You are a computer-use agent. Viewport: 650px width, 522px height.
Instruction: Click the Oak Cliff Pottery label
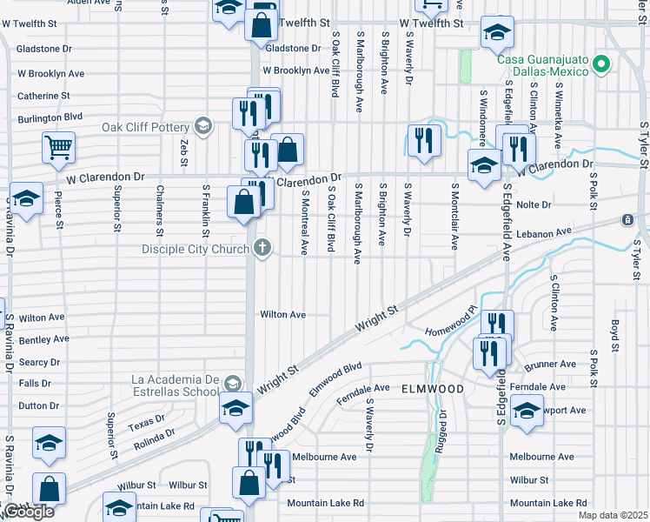145,127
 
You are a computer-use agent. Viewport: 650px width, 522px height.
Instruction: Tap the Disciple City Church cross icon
261,249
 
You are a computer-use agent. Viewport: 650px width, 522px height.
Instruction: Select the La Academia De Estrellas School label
174,385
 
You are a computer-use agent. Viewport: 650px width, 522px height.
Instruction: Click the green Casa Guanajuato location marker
600,64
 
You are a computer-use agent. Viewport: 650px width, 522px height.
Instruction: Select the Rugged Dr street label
444,426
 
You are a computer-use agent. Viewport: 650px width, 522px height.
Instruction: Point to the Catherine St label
43,96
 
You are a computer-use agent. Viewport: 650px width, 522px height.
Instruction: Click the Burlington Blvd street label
50,117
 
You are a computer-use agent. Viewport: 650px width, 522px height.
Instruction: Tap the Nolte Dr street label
534,205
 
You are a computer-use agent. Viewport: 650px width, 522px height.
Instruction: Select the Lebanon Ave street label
543,233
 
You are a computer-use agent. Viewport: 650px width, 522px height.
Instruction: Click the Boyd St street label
614,334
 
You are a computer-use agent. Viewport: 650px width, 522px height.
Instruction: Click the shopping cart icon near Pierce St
59,148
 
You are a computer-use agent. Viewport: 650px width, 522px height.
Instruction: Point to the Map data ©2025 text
613,515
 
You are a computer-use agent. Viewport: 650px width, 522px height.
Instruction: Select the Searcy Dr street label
39,362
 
